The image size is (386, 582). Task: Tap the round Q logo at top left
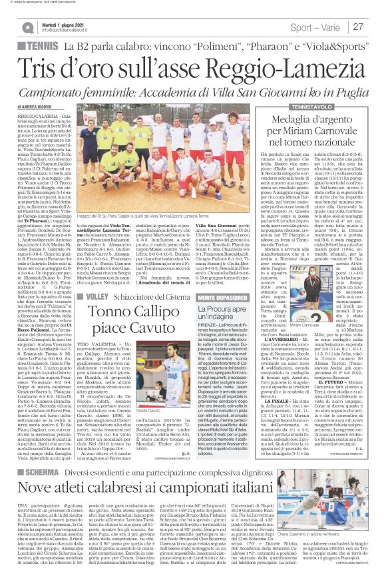(26, 26)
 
